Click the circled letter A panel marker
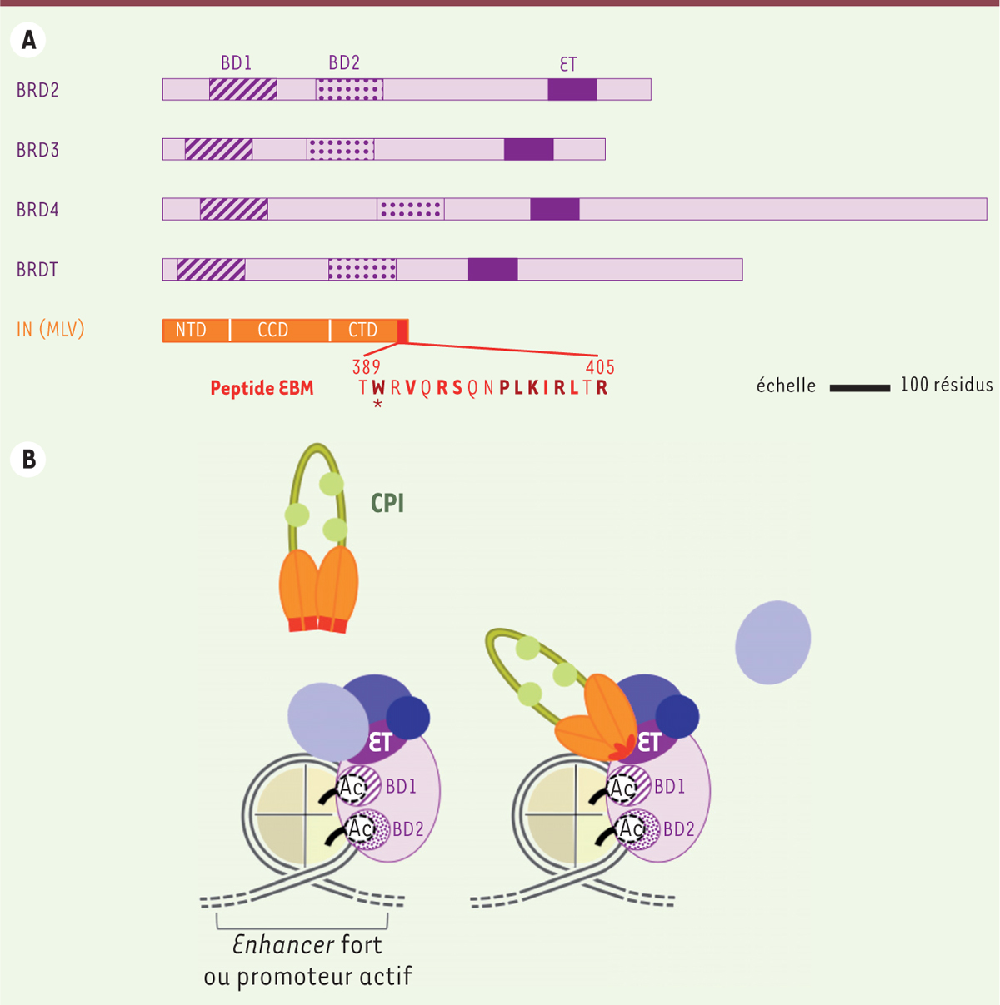(x=28, y=40)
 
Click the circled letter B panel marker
(x=28, y=459)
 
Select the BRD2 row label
(x=37, y=90)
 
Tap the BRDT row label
(x=37, y=270)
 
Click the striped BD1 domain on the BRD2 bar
(x=242, y=89)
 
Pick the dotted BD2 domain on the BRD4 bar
(x=411, y=209)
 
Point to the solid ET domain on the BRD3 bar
(x=528, y=149)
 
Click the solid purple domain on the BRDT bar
(x=492, y=269)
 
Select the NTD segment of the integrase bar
(x=192, y=331)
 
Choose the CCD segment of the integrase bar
(x=273, y=331)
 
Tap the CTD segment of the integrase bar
(x=363, y=331)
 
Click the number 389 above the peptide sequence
(x=367, y=367)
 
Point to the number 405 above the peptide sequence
(x=600, y=367)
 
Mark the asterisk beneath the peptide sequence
(x=378, y=405)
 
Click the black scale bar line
(x=859, y=387)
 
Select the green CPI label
(x=387, y=504)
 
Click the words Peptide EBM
(x=262, y=388)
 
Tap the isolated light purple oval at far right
(x=772, y=642)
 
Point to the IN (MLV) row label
(x=51, y=330)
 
